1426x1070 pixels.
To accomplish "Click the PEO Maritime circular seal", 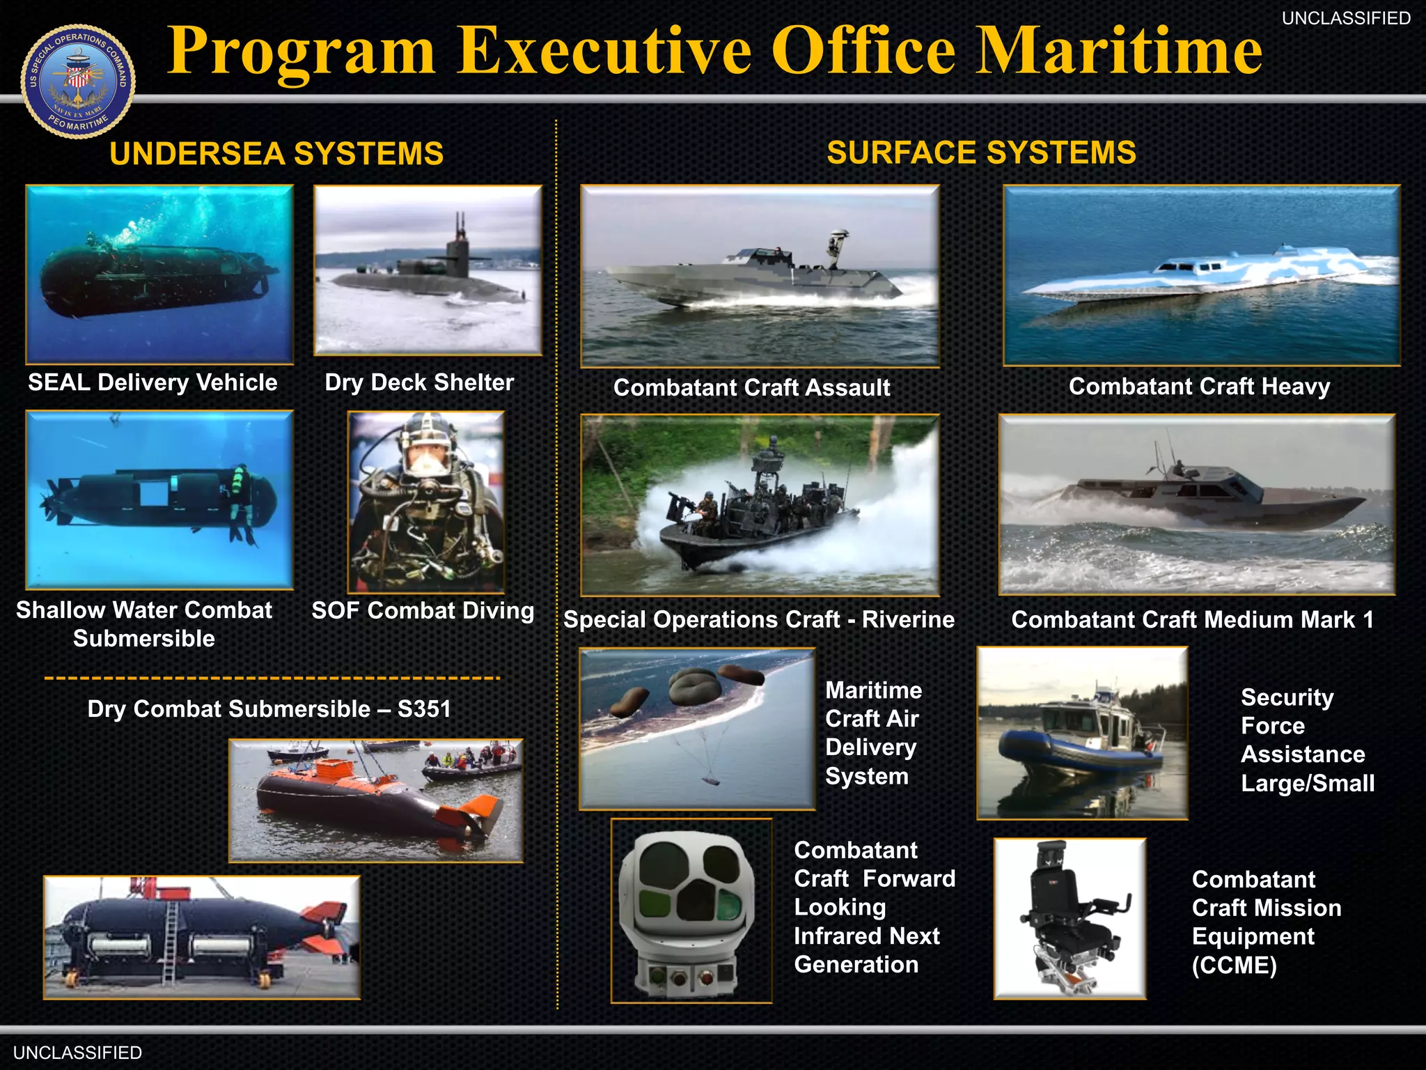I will [78, 82].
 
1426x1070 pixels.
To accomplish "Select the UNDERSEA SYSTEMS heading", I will [276, 154].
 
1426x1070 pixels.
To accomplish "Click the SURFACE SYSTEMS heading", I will [981, 153].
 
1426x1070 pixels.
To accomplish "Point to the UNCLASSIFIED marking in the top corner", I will [1346, 19].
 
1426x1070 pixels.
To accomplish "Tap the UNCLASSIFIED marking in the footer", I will [77, 1053].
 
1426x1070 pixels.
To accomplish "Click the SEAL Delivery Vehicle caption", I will [152, 382].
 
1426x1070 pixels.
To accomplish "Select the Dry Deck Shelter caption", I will [419, 382].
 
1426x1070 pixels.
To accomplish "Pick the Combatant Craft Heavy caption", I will [1199, 386].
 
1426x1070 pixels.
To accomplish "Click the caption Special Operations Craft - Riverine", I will [759, 619].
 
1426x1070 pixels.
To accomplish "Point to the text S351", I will [424, 709].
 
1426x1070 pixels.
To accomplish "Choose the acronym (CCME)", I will [1234, 966].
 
